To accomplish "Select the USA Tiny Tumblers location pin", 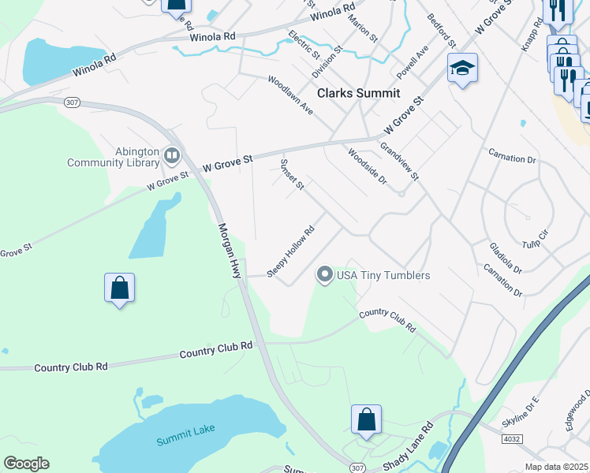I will point(324,275).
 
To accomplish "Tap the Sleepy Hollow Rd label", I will point(291,252).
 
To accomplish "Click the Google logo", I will point(26,464).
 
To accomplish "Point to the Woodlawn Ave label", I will point(290,95).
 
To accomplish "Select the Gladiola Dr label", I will point(505,258).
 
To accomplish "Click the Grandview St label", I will point(399,162).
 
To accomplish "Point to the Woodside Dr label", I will point(368,167).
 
